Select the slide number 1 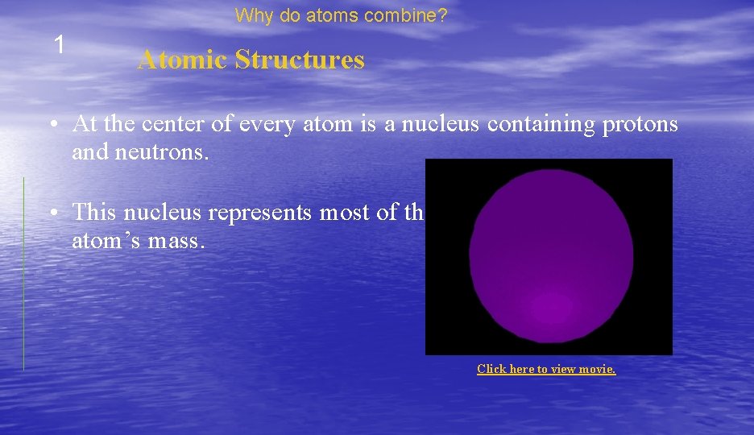click(58, 45)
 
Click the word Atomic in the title click(183, 60)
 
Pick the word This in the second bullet click(95, 212)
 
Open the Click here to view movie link click(546, 369)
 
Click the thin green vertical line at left click(23, 274)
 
